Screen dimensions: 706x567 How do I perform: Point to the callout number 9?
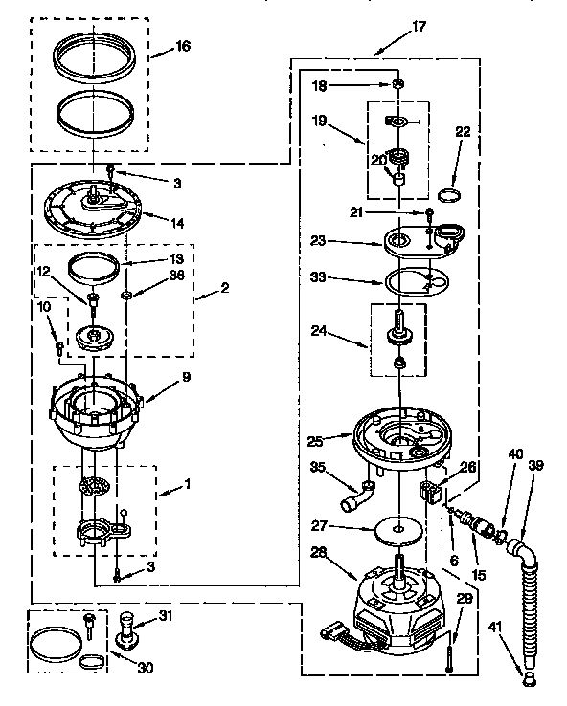186,377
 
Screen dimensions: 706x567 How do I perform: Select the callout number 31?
166,614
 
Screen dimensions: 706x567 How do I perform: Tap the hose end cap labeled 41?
527,678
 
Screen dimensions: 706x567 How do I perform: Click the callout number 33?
316,278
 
